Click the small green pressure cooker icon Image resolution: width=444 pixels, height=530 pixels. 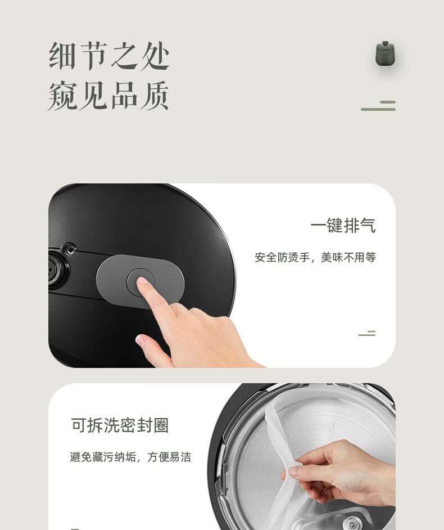tap(385, 53)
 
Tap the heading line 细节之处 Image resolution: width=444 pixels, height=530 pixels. tap(109, 56)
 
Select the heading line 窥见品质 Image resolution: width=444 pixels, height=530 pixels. tap(108, 96)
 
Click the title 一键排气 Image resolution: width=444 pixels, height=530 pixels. tap(343, 226)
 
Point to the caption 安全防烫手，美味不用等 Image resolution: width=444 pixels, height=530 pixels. tap(315, 257)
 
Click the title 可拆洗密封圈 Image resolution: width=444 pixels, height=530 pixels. tap(120, 425)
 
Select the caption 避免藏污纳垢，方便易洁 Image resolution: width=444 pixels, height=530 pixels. tap(130, 457)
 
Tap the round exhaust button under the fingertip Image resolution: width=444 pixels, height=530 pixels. tap(141, 282)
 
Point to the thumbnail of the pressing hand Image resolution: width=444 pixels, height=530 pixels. tap(140, 339)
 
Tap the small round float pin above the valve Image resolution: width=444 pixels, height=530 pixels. tap(70, 249)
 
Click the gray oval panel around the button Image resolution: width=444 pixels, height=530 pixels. tap(140, 282)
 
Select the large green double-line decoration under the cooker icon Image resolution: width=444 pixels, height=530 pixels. tap(378, 105)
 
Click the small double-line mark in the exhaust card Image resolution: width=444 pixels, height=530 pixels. tap(366, 333)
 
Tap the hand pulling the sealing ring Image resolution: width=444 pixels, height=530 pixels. tap(341, 473)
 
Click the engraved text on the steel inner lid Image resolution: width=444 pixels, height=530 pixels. tap(312, 429)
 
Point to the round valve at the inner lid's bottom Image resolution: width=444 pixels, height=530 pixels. tap(353, 524)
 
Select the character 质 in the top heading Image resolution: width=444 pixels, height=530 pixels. tap(155, 96)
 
